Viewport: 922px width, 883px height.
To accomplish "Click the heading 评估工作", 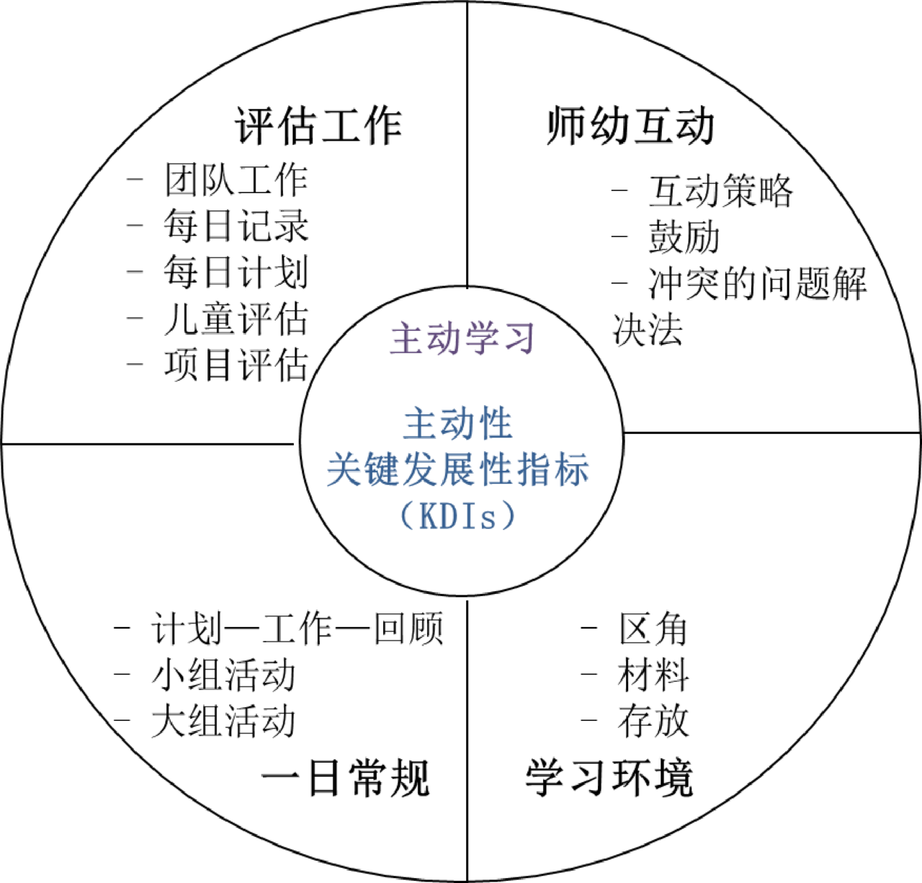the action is [x=318, y=126].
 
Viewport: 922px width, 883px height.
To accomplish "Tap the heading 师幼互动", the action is [x=630, y=126].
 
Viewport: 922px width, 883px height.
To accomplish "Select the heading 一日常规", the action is [x=345, y=778].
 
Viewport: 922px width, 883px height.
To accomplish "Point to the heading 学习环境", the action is [x=609, y=778].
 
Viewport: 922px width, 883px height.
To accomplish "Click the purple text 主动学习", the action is [x=463, y=338].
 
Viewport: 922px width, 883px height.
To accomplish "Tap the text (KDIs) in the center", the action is [x=458, y=515].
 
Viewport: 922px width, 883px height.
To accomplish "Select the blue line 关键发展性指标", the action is [x=458, y=470].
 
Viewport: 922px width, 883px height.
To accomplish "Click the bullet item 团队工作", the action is [x=236, y=179].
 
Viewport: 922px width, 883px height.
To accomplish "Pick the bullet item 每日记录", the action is [x=236, y=226].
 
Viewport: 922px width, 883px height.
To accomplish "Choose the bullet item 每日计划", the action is [x=236, y=272].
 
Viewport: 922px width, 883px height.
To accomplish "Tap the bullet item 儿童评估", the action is [x=236, y=319].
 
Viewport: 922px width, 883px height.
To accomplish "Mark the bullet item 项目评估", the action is [x=236, y=365].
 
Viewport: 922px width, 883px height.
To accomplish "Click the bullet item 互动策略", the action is [x=720, y=191].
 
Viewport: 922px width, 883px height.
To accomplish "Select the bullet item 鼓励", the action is [x=684, y=237].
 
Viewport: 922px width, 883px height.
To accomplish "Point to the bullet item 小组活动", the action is [x=223, y=675].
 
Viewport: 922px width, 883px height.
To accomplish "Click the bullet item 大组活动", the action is [x=223, y=722].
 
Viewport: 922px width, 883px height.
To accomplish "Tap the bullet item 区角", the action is [x=653, y=629].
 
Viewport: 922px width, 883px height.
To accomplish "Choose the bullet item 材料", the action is [x=653, y=675].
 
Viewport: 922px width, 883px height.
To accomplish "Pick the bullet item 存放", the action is [x=653, y=722].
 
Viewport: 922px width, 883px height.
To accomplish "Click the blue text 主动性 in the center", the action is [x=458, y=424].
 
